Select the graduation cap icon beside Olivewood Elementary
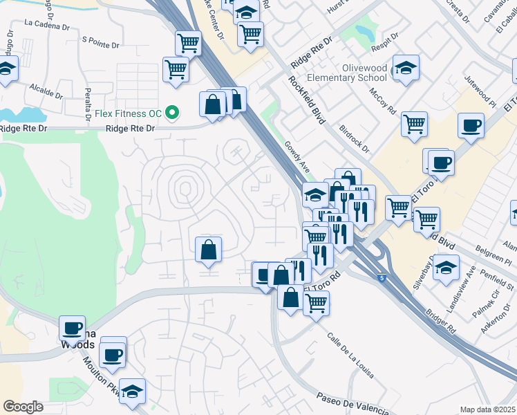[x=405, y=68]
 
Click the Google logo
[x=23, y=407]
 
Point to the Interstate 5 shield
[x=382, y=278]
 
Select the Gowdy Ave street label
[x=296, y=158]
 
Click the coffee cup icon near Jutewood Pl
[x=471, y=126]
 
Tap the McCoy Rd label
[x=382, y=101]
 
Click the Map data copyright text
[x=488, y=409]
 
